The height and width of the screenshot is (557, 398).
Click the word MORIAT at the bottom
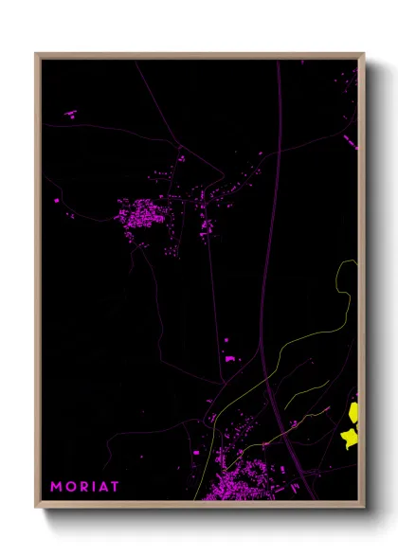84,487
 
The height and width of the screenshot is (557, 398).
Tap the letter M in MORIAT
56,487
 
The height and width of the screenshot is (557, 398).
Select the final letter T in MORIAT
115,487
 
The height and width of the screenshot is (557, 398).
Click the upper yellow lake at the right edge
354,411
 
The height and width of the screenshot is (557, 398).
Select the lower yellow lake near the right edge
350,437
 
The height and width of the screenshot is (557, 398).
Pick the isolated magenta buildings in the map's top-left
70,114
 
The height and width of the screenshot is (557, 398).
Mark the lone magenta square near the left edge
57,201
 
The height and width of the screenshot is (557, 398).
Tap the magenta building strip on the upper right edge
350,142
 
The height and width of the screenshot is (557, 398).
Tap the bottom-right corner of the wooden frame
363,507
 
